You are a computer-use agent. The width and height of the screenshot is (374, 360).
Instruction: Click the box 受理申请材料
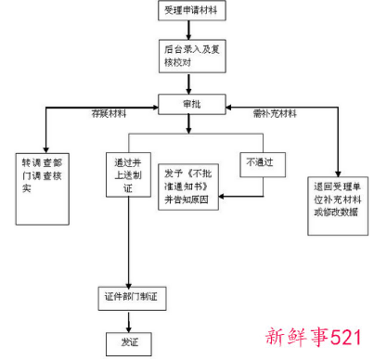tap(192, 12)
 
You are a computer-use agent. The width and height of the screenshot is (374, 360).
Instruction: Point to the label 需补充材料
tap(275, 115)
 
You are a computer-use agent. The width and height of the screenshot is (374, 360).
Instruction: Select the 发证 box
tap(128, 341)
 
